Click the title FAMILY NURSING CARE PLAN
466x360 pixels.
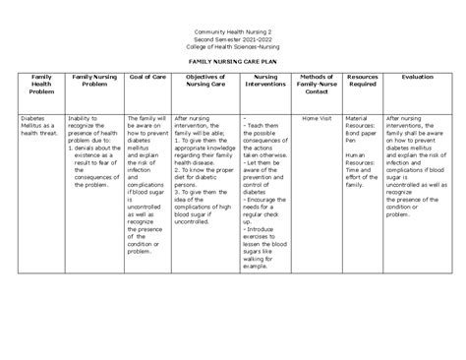click(232, 60)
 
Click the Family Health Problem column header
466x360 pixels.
click(42, 82)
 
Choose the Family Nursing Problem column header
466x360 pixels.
click(94, 78)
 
